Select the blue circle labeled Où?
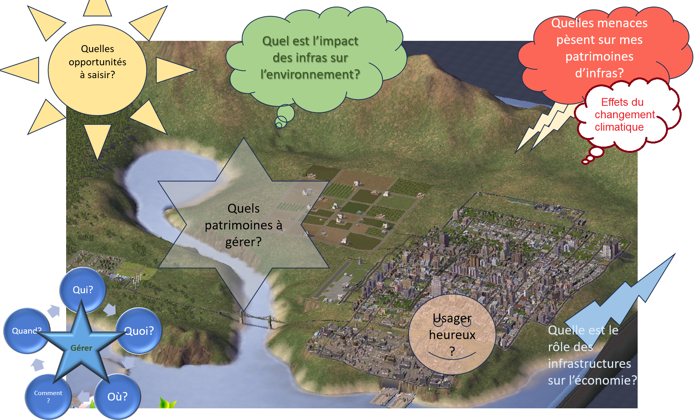pos(117,397)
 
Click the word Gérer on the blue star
pos(81,348)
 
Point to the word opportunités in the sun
pos(97,62)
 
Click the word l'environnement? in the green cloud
pos(310,74)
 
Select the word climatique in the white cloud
pos(619,127)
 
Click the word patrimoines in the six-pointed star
pos(238,225)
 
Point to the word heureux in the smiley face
pos(452,335)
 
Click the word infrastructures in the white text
pos(589,364)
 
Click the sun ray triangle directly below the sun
pos(97,138)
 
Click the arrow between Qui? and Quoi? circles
pos(110,310)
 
